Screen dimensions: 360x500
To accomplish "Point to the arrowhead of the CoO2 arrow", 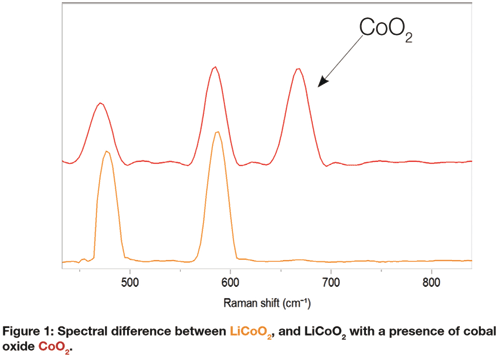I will click(x=319, y=87).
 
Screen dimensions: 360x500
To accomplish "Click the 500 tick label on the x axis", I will click(x=129, y=283).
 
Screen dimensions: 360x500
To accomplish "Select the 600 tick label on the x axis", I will click(x=230, y=283).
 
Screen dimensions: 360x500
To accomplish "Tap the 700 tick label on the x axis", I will click(x=331, y=283).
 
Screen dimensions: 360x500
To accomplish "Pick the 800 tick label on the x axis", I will click(x=432, y=283).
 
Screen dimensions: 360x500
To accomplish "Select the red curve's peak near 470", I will click(x=100, y=103).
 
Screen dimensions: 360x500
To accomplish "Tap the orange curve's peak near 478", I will click(x=106, y=151).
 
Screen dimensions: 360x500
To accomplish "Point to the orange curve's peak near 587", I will click(x=216, y=132).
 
